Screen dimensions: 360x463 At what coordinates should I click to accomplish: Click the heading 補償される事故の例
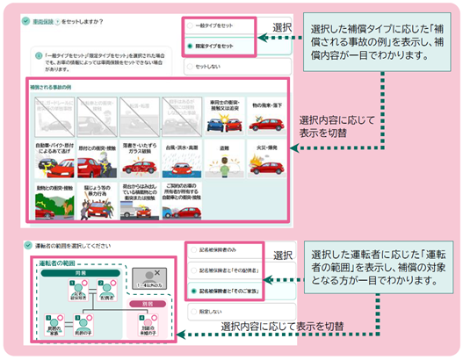click(x=52, y=89)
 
